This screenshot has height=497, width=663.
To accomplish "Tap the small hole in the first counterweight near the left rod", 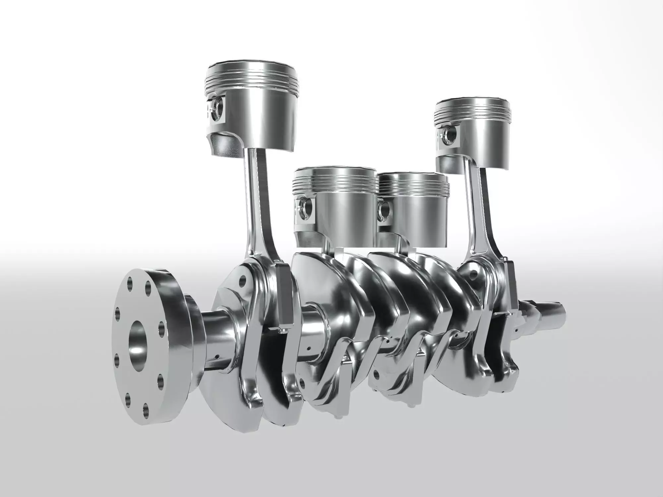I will pos(244,282).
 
